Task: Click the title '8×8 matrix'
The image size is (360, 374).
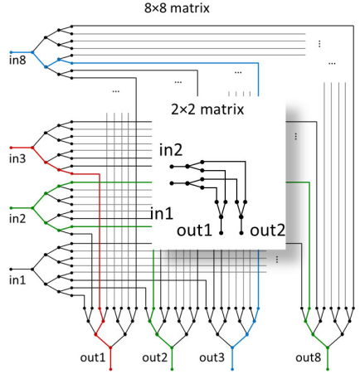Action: [177, 8]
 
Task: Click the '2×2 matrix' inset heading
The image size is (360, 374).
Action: [207, 109]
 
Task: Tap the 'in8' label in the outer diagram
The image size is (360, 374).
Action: [17, 61]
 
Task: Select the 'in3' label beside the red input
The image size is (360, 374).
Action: [17, 158]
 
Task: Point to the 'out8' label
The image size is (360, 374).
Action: [308, 357]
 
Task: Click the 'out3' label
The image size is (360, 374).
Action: [212, 357]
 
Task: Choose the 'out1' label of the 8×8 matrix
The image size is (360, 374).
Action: [93, 357]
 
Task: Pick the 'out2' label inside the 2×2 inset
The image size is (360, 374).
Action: [267, 231]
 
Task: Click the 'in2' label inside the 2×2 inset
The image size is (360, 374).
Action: [171, 150]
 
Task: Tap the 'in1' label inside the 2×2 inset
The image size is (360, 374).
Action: [162, 213]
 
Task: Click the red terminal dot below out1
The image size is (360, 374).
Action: [110, 369]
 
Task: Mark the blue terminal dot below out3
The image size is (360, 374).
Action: [232, 369]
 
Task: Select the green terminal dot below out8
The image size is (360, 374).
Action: [328, 369]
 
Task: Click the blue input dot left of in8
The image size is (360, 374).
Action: [11, 52]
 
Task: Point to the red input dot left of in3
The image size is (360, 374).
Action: [11, 148]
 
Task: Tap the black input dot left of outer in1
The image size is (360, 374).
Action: [11, 269]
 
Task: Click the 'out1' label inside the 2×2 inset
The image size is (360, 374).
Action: [194, 231]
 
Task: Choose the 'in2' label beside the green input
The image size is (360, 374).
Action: [17, 219]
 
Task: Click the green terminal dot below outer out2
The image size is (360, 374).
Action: [172, 369]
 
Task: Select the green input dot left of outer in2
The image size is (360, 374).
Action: [11, 208]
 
